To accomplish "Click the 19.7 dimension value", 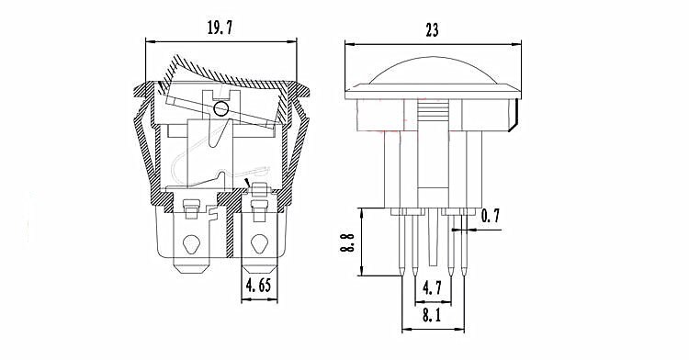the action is coord(220,28).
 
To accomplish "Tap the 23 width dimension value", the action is coord(432,30).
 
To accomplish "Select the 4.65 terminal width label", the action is coord(259,286).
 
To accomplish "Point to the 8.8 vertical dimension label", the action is coord(347,242).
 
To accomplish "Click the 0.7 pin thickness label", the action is coord(491,216).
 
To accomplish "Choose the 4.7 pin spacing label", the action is coord(432,288).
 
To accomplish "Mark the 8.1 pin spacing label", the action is coord(432,315).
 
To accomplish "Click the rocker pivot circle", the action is coord(220,108).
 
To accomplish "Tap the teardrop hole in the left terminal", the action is coord(191,244).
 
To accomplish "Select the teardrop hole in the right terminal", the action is coord(259,244).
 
